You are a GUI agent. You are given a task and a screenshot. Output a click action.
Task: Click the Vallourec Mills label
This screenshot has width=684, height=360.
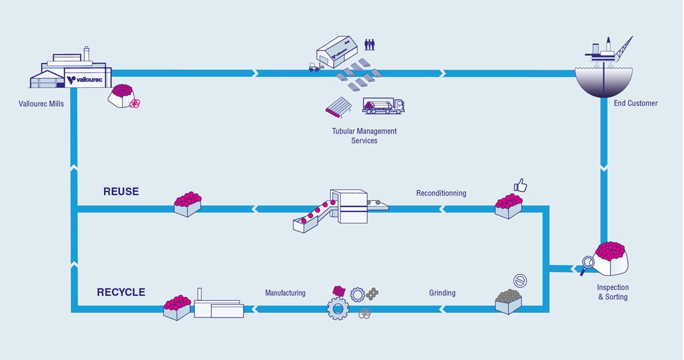click(x=42, y=104)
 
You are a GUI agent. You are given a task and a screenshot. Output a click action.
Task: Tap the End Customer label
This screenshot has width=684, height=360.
click(x=636, y=103)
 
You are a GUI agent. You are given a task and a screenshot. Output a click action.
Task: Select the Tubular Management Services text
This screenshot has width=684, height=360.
click(x=364, y=136)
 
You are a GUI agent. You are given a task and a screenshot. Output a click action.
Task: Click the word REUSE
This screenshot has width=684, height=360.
click(x=121, y=192)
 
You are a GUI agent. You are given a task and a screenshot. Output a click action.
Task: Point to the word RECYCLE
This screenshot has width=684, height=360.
click(x=121, y=292)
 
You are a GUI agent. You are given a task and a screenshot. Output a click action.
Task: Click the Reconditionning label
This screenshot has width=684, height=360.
click(x=441, y=193)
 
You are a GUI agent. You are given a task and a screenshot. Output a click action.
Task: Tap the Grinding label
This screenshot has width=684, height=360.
click(x=442, y=293)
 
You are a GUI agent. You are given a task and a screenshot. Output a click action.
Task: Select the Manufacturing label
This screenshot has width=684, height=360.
click(x=285, y=293)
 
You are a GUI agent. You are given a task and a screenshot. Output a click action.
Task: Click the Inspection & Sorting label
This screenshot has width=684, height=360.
click(x=613, y=292)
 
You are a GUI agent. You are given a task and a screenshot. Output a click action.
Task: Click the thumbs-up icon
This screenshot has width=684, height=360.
click(x=520, y=185)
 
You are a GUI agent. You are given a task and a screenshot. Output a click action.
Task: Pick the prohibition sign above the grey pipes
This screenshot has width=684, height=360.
click(x=520, y=280)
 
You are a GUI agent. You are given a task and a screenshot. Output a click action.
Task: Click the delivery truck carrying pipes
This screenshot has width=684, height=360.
click(x=384, y=105)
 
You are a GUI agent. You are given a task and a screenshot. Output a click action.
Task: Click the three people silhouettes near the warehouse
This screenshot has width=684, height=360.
click(x=370, y=44)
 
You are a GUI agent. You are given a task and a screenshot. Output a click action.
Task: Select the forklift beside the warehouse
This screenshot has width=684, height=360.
click(x=313, y=67)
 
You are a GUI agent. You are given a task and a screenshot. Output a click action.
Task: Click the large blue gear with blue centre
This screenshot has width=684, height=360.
click(x=338, y=308)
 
